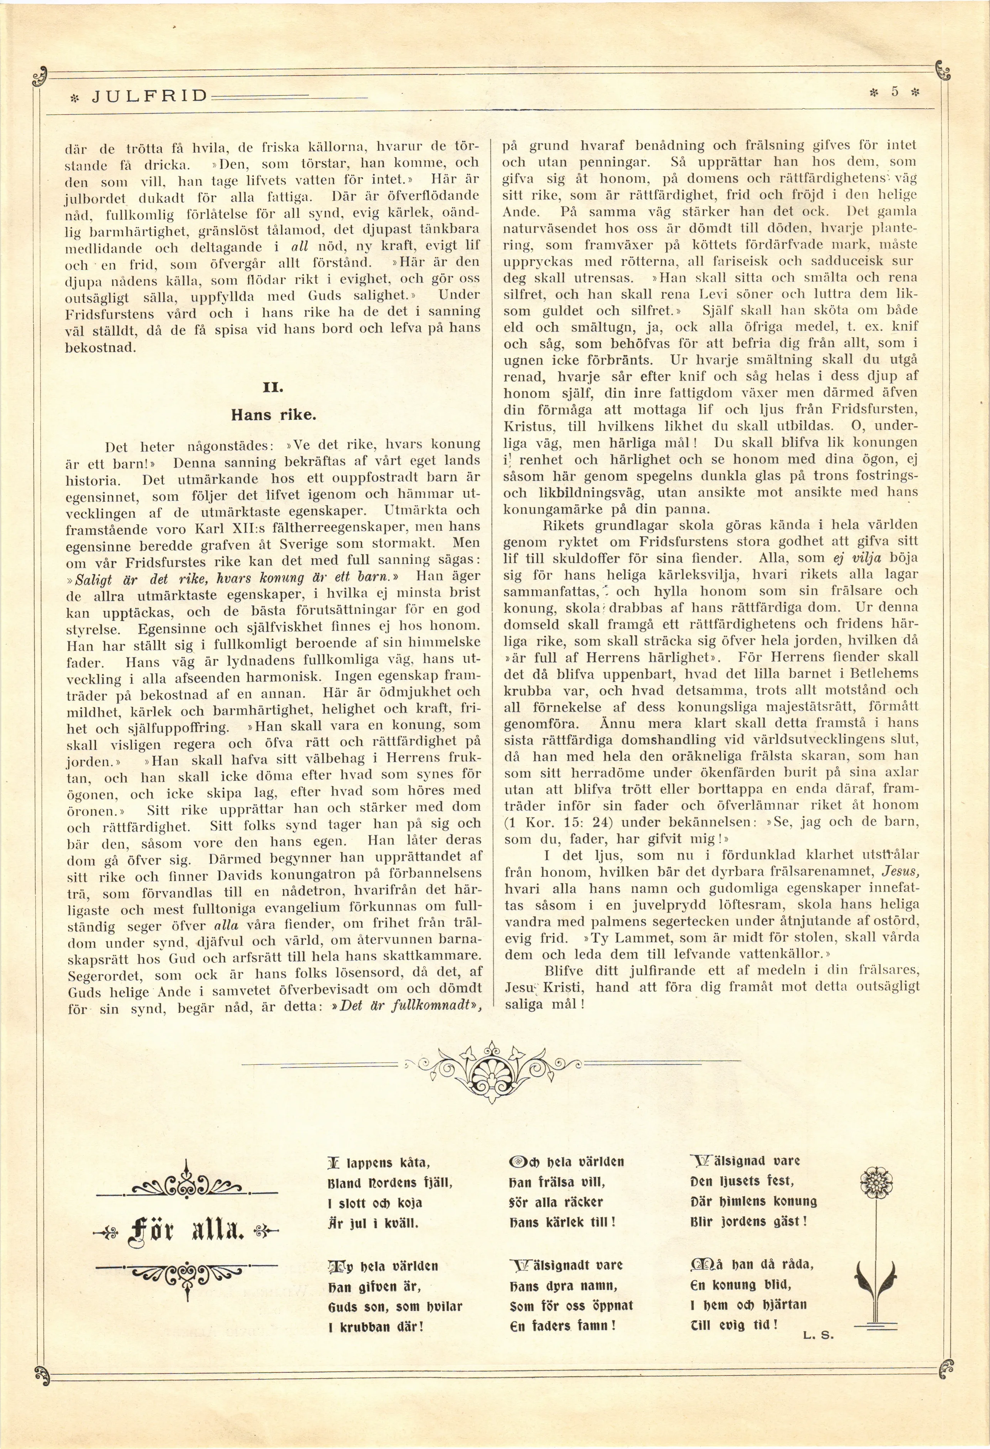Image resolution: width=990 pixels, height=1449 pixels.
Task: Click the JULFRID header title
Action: coord(149,96)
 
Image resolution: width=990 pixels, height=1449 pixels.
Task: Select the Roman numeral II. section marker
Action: coord(273,387)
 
